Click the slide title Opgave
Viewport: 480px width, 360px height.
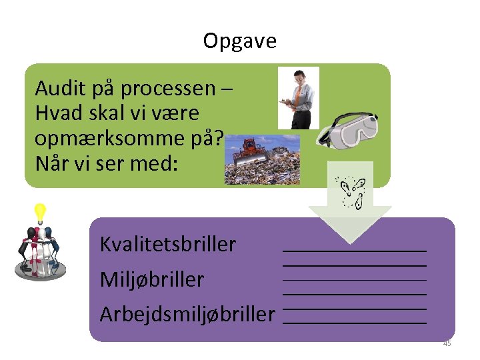(x=239, y=41)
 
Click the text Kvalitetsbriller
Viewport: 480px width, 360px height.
(x=168, y=245)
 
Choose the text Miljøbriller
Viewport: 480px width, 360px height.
(x=152, y=279)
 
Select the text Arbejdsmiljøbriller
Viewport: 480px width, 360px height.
(x=187, y=313)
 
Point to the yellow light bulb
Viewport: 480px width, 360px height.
(x=40, y=213)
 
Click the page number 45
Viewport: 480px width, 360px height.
(x=447, y=343)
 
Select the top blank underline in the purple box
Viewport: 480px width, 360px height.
(x=355, y=250)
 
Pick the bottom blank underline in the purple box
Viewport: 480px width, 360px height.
(x=355, y=322)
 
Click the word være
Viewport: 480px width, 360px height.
(x=179, y=113)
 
